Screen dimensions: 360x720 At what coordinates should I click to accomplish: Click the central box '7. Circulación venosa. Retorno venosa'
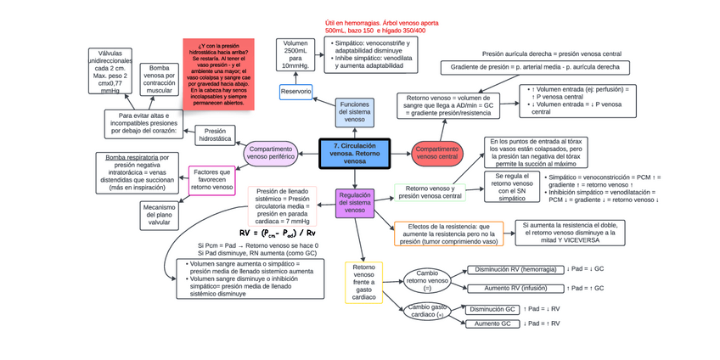tap(354, 154)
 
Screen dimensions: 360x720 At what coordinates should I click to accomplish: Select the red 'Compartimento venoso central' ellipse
tap(436, 154)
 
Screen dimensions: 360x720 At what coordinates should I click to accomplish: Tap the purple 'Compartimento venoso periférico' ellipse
tap(271, 153)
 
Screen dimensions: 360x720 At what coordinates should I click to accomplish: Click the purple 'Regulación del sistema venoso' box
tap(355, 203)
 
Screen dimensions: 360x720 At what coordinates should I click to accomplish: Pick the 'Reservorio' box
tap(296, 91)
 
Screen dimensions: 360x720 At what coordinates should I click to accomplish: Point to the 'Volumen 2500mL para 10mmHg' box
tap(296, 54)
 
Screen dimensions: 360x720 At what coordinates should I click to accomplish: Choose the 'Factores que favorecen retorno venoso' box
tap(211, 180)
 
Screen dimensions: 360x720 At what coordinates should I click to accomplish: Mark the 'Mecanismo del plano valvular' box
tap(159, 216)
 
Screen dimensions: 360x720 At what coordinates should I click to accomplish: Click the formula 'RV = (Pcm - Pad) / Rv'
tap(278, 233)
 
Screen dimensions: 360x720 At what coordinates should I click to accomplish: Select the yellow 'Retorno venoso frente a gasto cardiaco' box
tap(363, 283)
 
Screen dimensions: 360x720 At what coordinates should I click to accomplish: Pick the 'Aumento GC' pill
tap(492, 323)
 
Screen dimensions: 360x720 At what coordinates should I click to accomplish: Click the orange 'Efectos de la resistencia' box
tap(449, 233)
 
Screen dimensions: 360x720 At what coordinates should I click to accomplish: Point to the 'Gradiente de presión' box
tap(535, 67)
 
